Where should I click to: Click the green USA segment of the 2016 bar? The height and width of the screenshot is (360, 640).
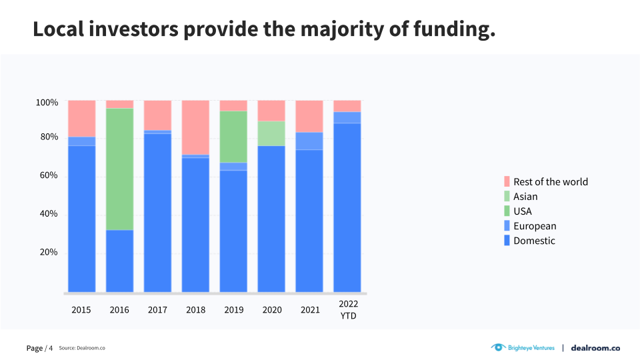pyautogui.click(x=119, y=169)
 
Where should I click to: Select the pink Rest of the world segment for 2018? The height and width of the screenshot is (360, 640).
pyautogui.click(x=195, y=127)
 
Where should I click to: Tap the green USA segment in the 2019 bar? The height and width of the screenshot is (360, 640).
pyautogui.click(x=233, y=137)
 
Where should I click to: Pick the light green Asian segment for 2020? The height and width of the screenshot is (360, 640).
pyautogui.click(x=271, y=133)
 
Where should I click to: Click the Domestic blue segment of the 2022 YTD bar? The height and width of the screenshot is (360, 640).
pyautogui.click(x=347, y=207)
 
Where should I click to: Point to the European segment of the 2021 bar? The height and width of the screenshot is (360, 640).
pyautogui.click(x=309, y=141)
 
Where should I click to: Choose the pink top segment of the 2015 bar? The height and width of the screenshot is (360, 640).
pyautogui.click(x=81, y=119)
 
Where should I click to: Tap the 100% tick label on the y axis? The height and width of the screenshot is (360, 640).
pyautogui.click(x=47, y=103)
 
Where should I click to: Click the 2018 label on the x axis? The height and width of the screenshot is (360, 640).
pyautogui.click(x=195, y=310)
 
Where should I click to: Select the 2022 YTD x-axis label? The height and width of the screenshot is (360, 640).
pyautogui.click(x=348, y=309)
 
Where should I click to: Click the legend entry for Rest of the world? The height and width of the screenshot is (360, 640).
pyautogui.click(x=550, y=182)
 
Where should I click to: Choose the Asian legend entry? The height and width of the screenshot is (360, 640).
pyautogui.click(x=525, y=197)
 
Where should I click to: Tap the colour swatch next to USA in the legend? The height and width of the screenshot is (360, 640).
pyautogui.click(x=507, y=211)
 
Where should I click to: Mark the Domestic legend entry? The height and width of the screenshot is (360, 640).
pyautogui.click(x=533, y=241)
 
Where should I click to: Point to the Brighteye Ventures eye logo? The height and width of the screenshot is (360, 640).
pyautogui.click(x=499, y=347)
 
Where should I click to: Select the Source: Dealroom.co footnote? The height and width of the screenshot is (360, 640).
pyautogui.click(x=82, y=348)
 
